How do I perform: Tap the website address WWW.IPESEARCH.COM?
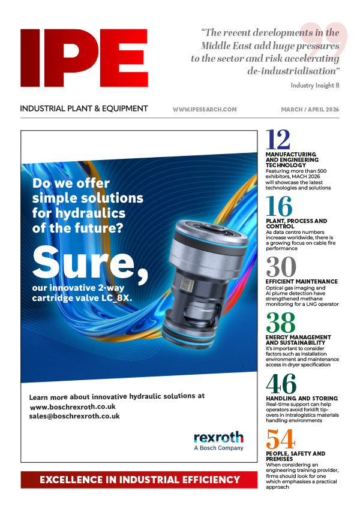coord(205,110)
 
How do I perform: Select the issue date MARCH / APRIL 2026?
coord(310,110)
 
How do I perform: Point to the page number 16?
coord(279,207)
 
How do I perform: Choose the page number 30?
coord(281,267)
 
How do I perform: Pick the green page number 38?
coord(280,323)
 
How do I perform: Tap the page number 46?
coord(280,384)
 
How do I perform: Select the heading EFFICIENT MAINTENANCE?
coord(301,281)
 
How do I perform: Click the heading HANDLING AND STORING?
coord(301,398)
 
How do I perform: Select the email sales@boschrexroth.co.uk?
coord(74,416)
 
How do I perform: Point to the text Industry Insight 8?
coord(315,85)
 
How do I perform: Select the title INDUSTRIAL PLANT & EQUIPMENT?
coord(84,109)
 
